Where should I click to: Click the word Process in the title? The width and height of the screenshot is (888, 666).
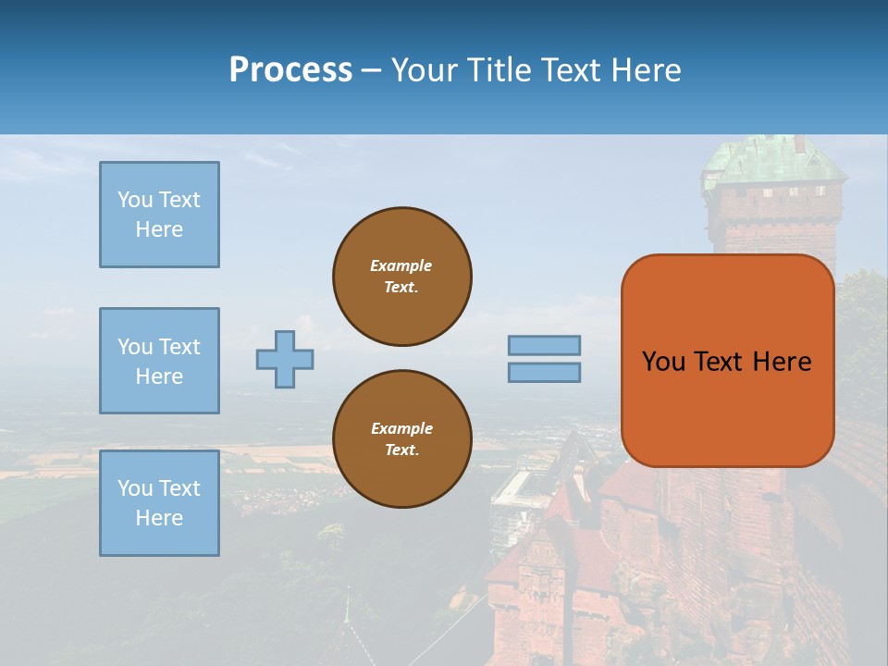[x=290, y=69]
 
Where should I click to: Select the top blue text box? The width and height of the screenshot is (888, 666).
[x=159, y=215]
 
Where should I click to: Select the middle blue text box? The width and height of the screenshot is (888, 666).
[x=159, y=361]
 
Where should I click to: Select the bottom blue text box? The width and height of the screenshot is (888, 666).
[x=159, y=503]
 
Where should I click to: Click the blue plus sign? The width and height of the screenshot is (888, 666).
[x=285, y=359]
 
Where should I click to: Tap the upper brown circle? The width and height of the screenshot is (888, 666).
[x=402, y=277]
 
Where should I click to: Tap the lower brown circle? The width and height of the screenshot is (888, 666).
[x=402, y=439]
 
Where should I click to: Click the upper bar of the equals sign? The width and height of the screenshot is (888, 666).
[x=544, y=346]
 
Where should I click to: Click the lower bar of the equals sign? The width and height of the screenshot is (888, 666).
[x=544, y=372]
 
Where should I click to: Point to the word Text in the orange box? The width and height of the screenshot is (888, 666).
[x=719, y=362]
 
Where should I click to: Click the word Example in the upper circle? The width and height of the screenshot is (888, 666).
[x=401, y=265]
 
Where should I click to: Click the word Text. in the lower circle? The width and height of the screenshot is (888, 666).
[x=401, y=450]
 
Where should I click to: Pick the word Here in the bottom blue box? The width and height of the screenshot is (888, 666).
[x=159, y=518]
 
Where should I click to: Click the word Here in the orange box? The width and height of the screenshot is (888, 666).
[x=783, y=362]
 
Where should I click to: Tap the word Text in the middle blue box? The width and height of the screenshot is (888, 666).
[x=179, y=347]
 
